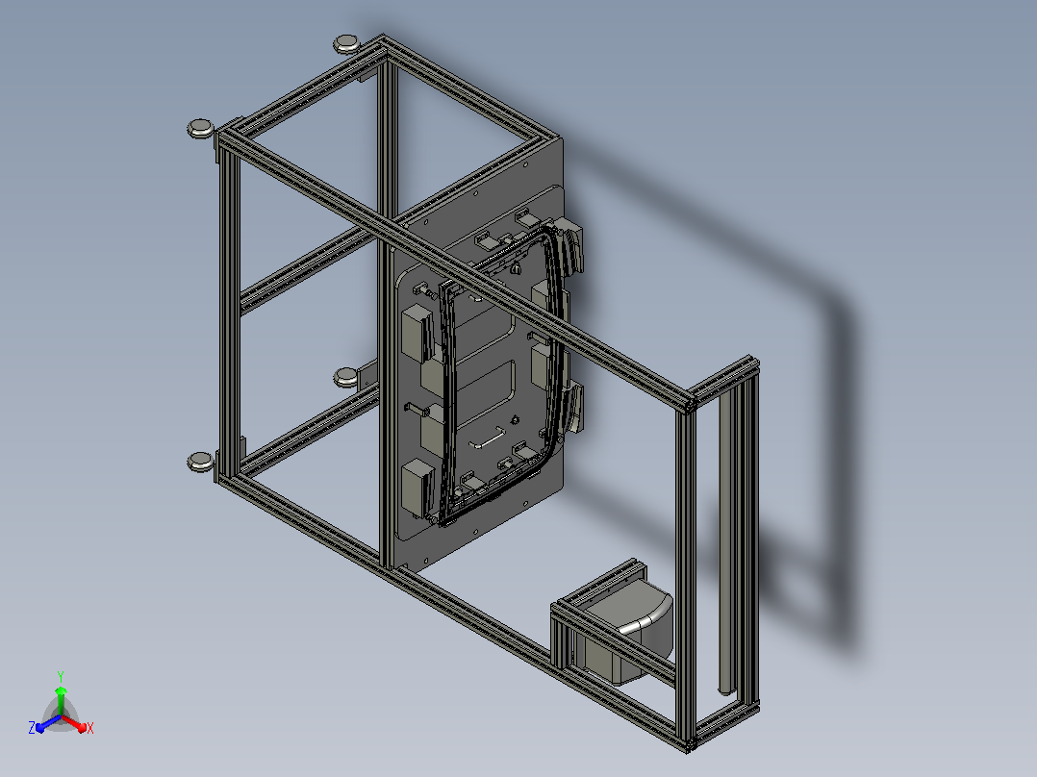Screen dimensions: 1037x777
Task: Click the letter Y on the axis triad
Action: (61, 676)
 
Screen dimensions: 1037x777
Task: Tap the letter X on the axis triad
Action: (90, 728)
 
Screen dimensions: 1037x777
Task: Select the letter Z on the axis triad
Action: (32, 727)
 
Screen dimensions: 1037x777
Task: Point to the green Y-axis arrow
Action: (61, 700)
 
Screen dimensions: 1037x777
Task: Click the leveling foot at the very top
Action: (345, 43)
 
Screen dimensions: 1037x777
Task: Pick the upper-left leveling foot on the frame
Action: (200, 128)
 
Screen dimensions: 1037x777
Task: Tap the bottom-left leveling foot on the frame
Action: (200, 462)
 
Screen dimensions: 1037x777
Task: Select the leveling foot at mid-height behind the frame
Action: (345, 377)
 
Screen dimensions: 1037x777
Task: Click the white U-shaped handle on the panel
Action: (488, 439)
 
